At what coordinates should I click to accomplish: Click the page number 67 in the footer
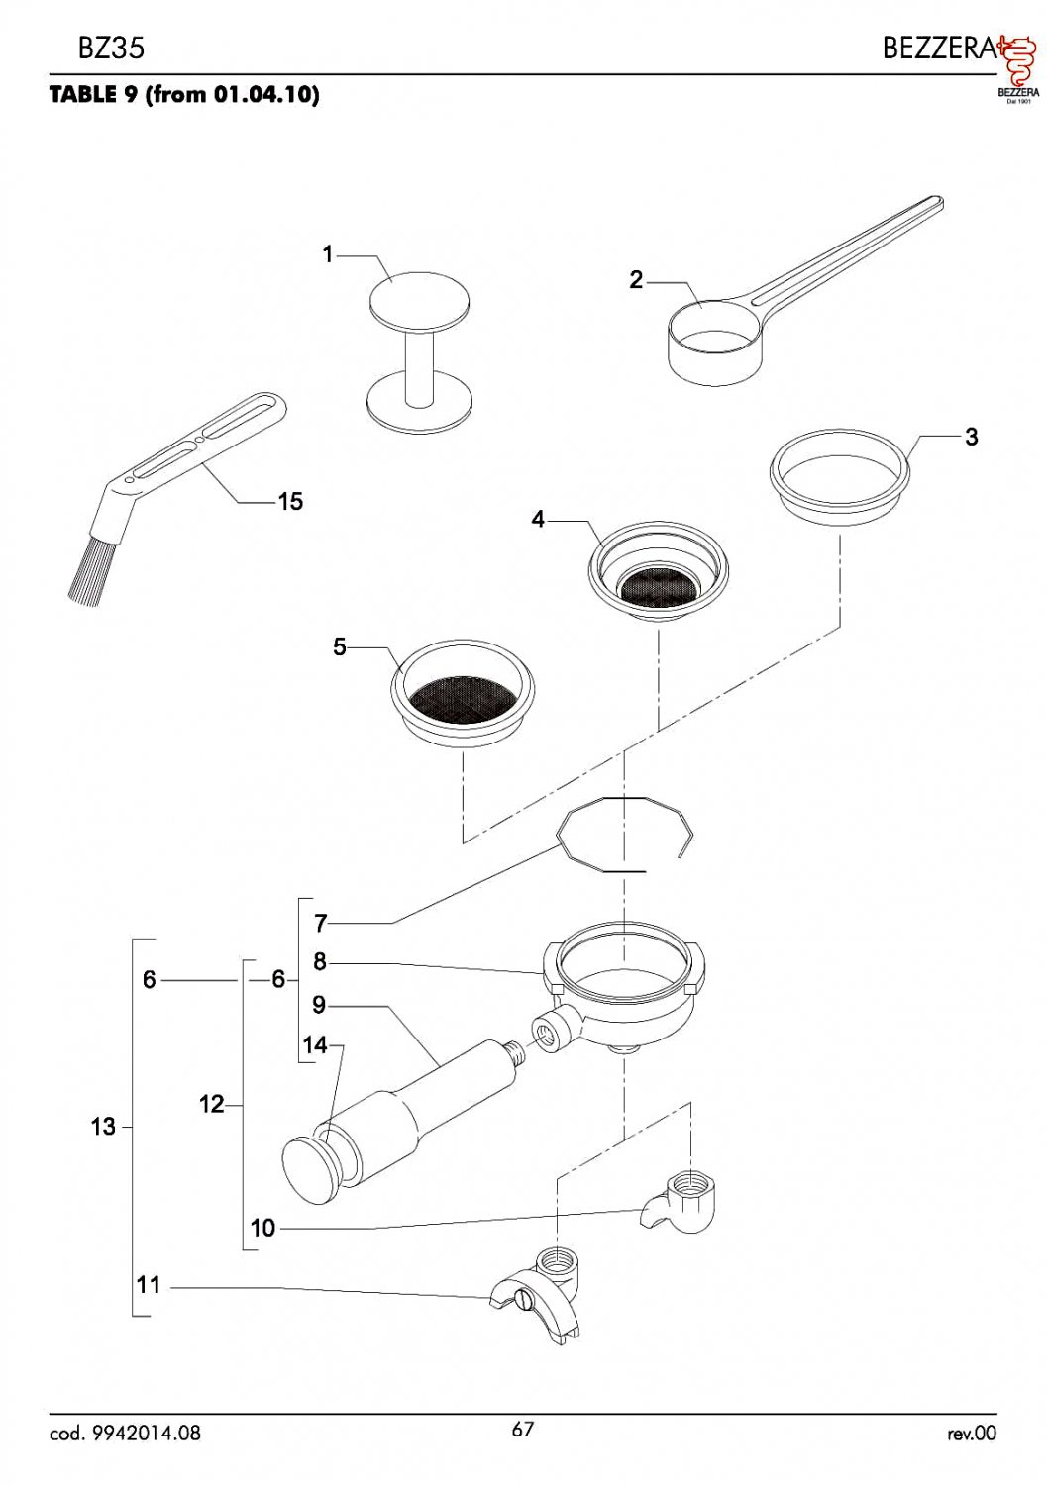(x=523, y=1429)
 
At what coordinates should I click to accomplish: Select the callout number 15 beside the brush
(x=290, y=502)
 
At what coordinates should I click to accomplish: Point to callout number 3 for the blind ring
(x=971, y=437)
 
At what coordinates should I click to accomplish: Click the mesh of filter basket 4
(x=658, y=588)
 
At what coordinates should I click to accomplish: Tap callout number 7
(x=320, y=924)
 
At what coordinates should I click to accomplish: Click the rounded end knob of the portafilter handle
(x=313, y=1171)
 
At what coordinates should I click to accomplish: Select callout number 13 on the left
(x=103, y=1127)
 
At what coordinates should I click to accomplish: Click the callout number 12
(x=212, y=1104)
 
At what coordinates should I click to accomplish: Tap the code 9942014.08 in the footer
(x=125, y=1433)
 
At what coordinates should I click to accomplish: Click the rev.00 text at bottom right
(x=971, y=1433)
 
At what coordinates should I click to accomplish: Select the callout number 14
(x=315, y=1045)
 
